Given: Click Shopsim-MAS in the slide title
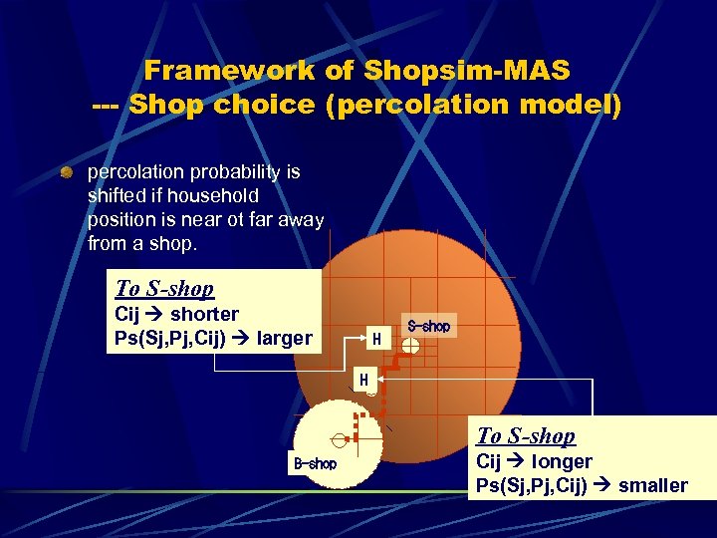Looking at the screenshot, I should (467, 71).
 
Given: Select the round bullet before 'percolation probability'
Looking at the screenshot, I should (66, 173).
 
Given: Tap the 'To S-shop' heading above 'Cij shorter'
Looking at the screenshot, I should (164, 289).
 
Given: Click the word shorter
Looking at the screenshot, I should (204, 315).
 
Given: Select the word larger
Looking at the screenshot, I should (284, 339).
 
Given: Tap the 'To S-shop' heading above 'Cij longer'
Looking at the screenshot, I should (526, 435).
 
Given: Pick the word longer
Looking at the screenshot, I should (562, 462).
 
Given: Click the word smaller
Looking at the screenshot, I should (653, 486).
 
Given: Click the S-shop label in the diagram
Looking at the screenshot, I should (429, 327).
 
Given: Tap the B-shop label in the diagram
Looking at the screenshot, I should (315, 463).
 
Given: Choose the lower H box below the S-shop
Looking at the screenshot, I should (363, 380).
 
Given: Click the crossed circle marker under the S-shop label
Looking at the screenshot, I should (411, 348).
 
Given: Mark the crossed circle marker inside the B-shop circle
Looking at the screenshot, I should (340, 438).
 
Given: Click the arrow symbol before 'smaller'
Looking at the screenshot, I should (603, 486).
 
